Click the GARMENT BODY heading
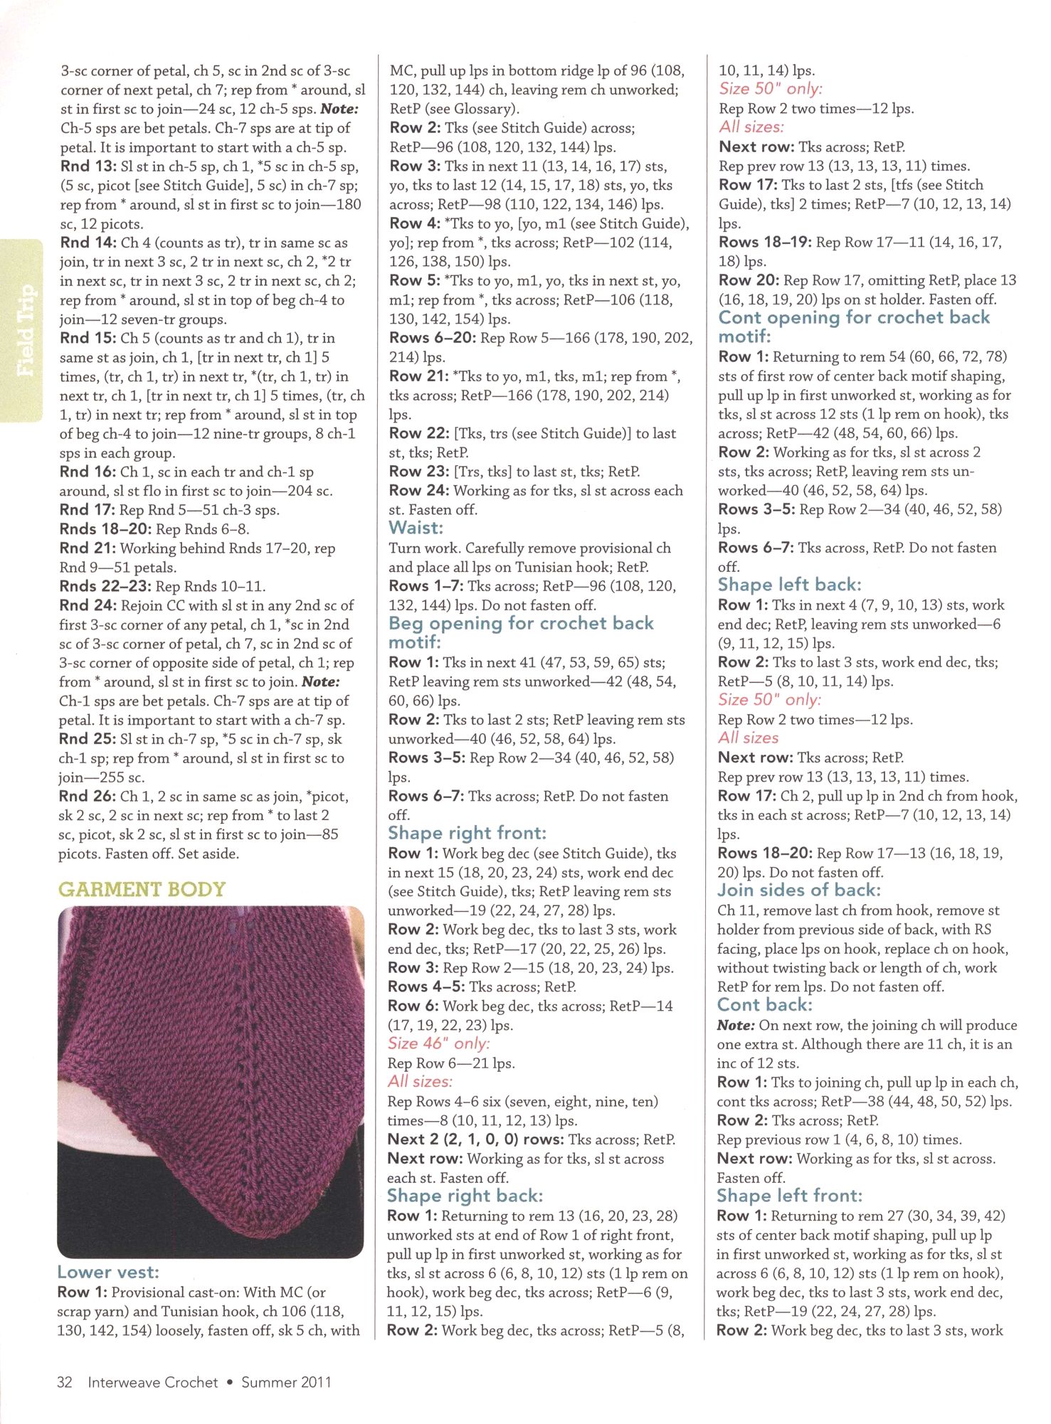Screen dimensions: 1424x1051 pos(142,889)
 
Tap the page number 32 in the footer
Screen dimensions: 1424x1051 pos(65,1382)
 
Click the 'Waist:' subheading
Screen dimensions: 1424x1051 pos(416,528)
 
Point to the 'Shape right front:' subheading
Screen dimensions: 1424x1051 pos(467,833)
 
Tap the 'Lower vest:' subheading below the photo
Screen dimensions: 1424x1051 pos(108,1272)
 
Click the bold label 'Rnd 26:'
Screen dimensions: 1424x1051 pos(87,796)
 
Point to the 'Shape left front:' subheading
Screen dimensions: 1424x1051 pos(789,1196)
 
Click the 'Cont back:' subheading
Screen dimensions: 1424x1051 pos(764,1004)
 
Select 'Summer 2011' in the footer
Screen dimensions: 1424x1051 pos(286,1382)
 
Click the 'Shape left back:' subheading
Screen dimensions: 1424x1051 pos(789,585)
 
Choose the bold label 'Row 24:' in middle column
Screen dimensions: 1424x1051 pos(418,490)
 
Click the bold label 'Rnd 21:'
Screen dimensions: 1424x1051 pos(88,548)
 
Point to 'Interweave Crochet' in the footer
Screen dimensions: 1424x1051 pos(153,1382)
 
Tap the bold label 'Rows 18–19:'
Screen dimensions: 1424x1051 pos(764,242)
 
